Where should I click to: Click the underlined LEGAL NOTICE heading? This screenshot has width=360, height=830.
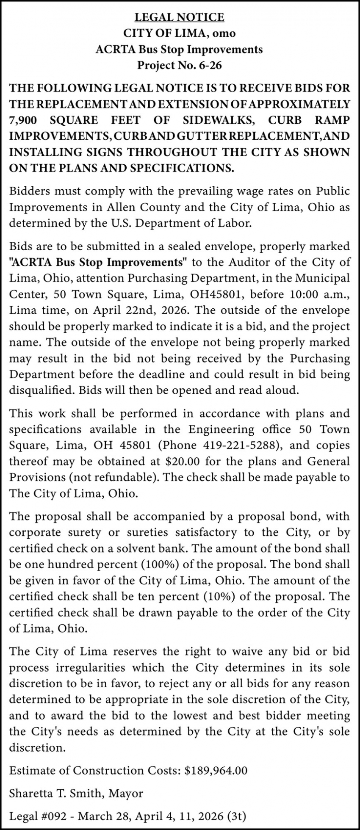(179, 17)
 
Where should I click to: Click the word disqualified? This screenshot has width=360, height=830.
(39, 390)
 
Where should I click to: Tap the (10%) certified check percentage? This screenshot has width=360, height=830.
(220, 597)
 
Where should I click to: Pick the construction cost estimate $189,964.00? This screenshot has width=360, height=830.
(216, 771)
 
